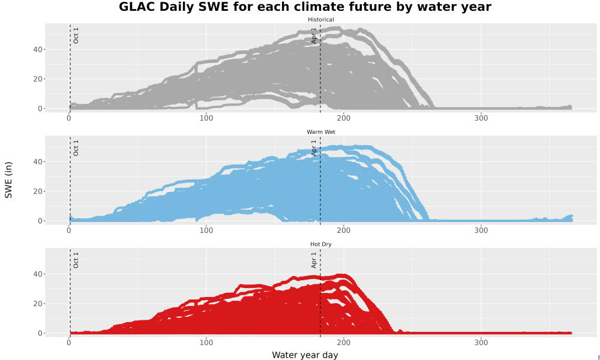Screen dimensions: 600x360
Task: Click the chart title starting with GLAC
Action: click(305, 7)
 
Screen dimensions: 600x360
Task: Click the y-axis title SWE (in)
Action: click(8, 180)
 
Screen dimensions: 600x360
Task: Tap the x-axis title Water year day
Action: click(305, 355)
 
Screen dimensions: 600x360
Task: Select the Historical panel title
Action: click(320, 20)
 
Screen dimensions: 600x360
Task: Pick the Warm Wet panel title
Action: click(320, 132)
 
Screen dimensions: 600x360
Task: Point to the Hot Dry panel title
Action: click(320, 244)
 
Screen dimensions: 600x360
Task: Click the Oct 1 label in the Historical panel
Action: click(76, 35)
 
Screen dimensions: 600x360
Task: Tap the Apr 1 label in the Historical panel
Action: click(314, 35)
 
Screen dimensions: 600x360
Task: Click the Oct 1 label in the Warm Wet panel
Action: click(76, 148)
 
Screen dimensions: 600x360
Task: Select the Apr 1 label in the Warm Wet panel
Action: click(314, 148)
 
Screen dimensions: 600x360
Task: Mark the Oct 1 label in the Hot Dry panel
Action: click(76, 260)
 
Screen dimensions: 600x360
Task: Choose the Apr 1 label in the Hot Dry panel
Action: click(314, 260)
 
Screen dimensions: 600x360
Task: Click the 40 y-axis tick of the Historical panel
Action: click(37, 49)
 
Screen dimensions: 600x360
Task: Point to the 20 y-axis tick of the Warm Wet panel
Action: click(37, 191)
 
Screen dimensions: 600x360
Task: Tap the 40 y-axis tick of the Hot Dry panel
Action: click(37, 274)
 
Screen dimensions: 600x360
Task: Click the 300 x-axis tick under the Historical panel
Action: click(481, 118)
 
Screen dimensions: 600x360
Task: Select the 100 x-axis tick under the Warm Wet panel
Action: click(206, 230)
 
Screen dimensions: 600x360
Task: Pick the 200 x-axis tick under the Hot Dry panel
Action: click(344, 343)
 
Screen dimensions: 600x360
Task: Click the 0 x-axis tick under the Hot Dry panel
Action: click(69, 343)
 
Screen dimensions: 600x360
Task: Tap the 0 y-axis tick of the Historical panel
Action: click(40, 109)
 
